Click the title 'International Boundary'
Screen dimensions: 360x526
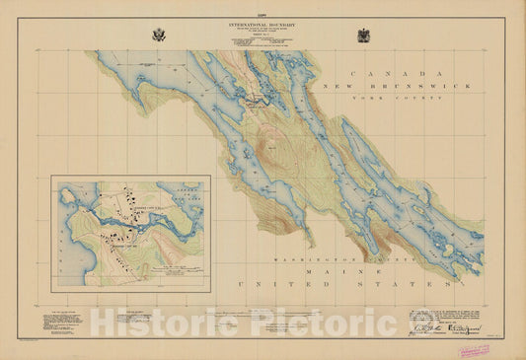click(x=262, y=22)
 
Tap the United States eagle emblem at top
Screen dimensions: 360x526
click(x=159, y=35)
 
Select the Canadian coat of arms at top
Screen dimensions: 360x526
click(x=364, y=35)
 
